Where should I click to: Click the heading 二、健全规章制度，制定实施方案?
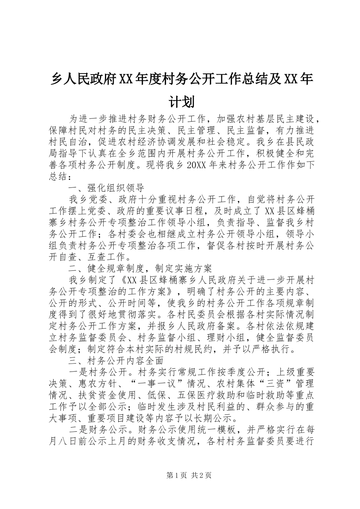pyautogui.click(x=140, y=269)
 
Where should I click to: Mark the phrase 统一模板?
pyautogui.click(x=218, y=430)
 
